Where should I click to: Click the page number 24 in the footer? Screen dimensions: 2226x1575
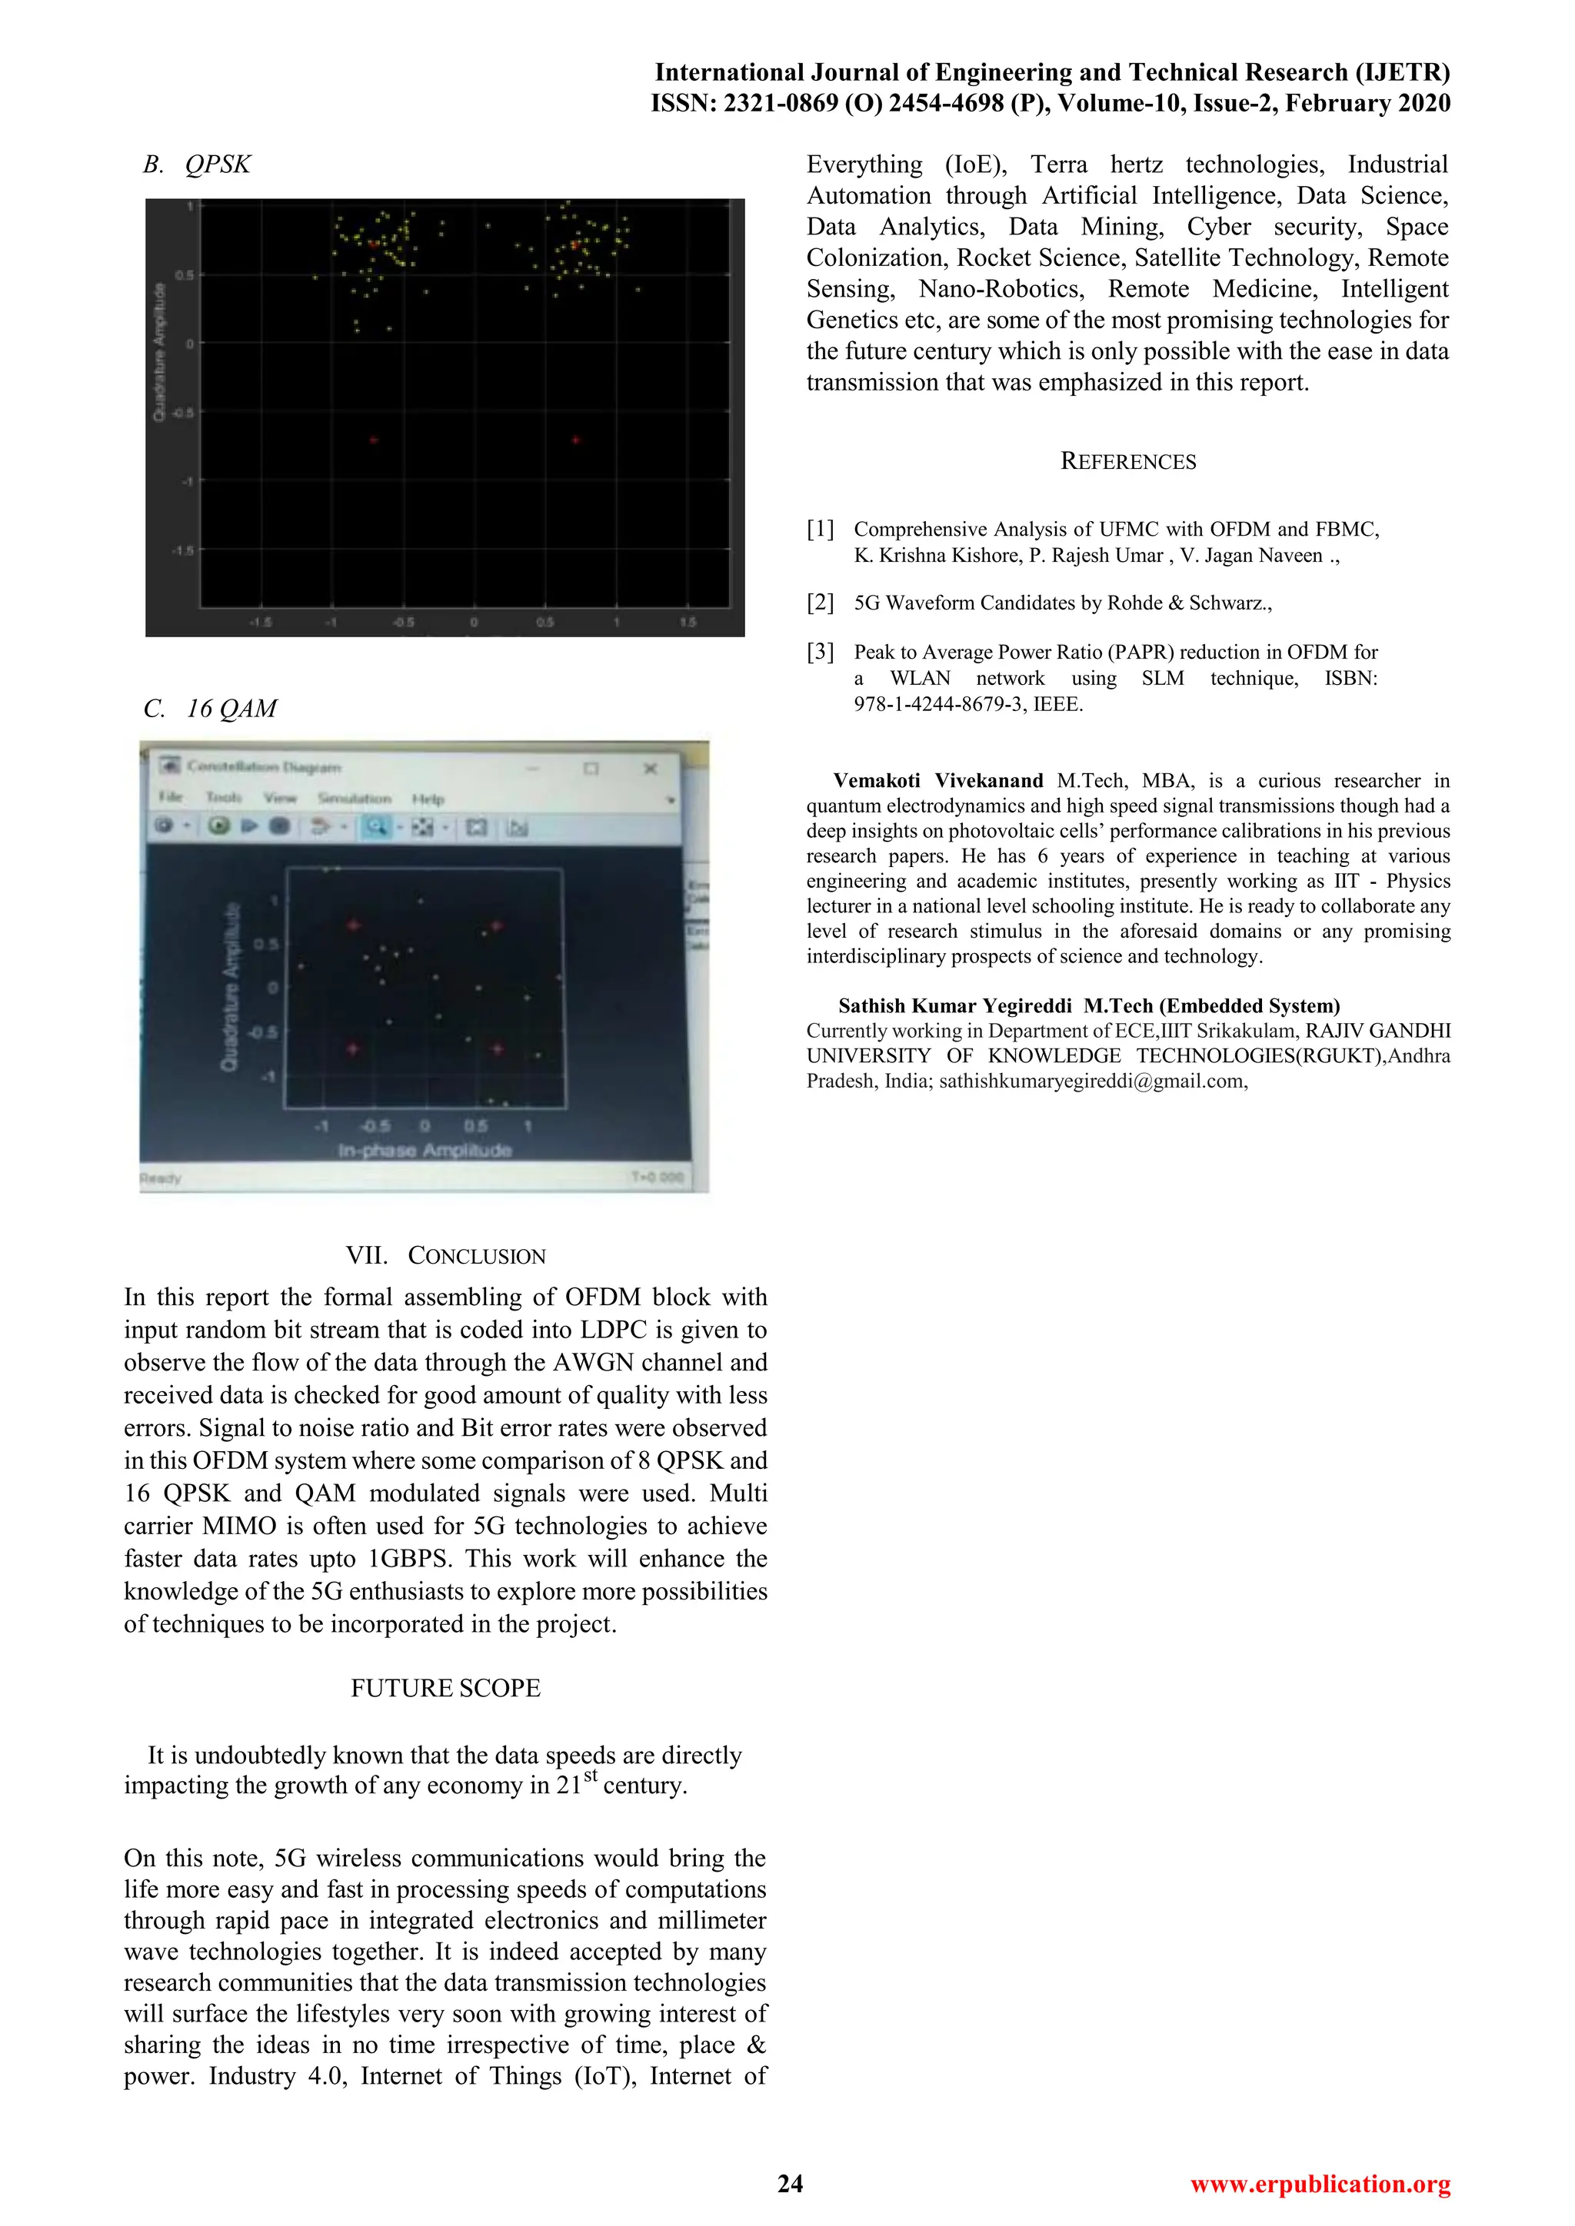click(x=790, y=2184)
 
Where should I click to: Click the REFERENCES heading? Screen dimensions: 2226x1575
click(x=1128, y=461)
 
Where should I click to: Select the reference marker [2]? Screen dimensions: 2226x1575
click(x=821, y=602)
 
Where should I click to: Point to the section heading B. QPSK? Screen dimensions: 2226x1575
click(x=197, y=164)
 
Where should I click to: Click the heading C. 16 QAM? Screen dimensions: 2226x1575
click(x=211, y=709)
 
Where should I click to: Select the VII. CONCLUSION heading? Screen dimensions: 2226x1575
click(x=445, y=1255)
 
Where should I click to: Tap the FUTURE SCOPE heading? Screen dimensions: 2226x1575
click(x=445, y=1688)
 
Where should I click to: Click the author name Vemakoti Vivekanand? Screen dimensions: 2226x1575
click(x=937, y=780)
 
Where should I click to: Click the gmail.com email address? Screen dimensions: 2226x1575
click(x=1092, y=1081)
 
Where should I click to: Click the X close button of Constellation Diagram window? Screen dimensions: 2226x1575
click(x=651, y=768)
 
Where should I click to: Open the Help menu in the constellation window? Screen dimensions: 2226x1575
click(x=428, y=799)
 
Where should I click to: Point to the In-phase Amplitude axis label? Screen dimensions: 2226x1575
click(x=424, y=1150)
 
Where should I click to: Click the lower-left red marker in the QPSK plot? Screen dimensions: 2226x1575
click(x=374, y=440)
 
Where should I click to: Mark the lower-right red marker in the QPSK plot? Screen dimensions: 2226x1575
click(x=575, y=440)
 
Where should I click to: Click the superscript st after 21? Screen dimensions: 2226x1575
click(x=590, y=1775)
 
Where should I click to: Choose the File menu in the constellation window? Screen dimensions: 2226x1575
click(x=171, y=797)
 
